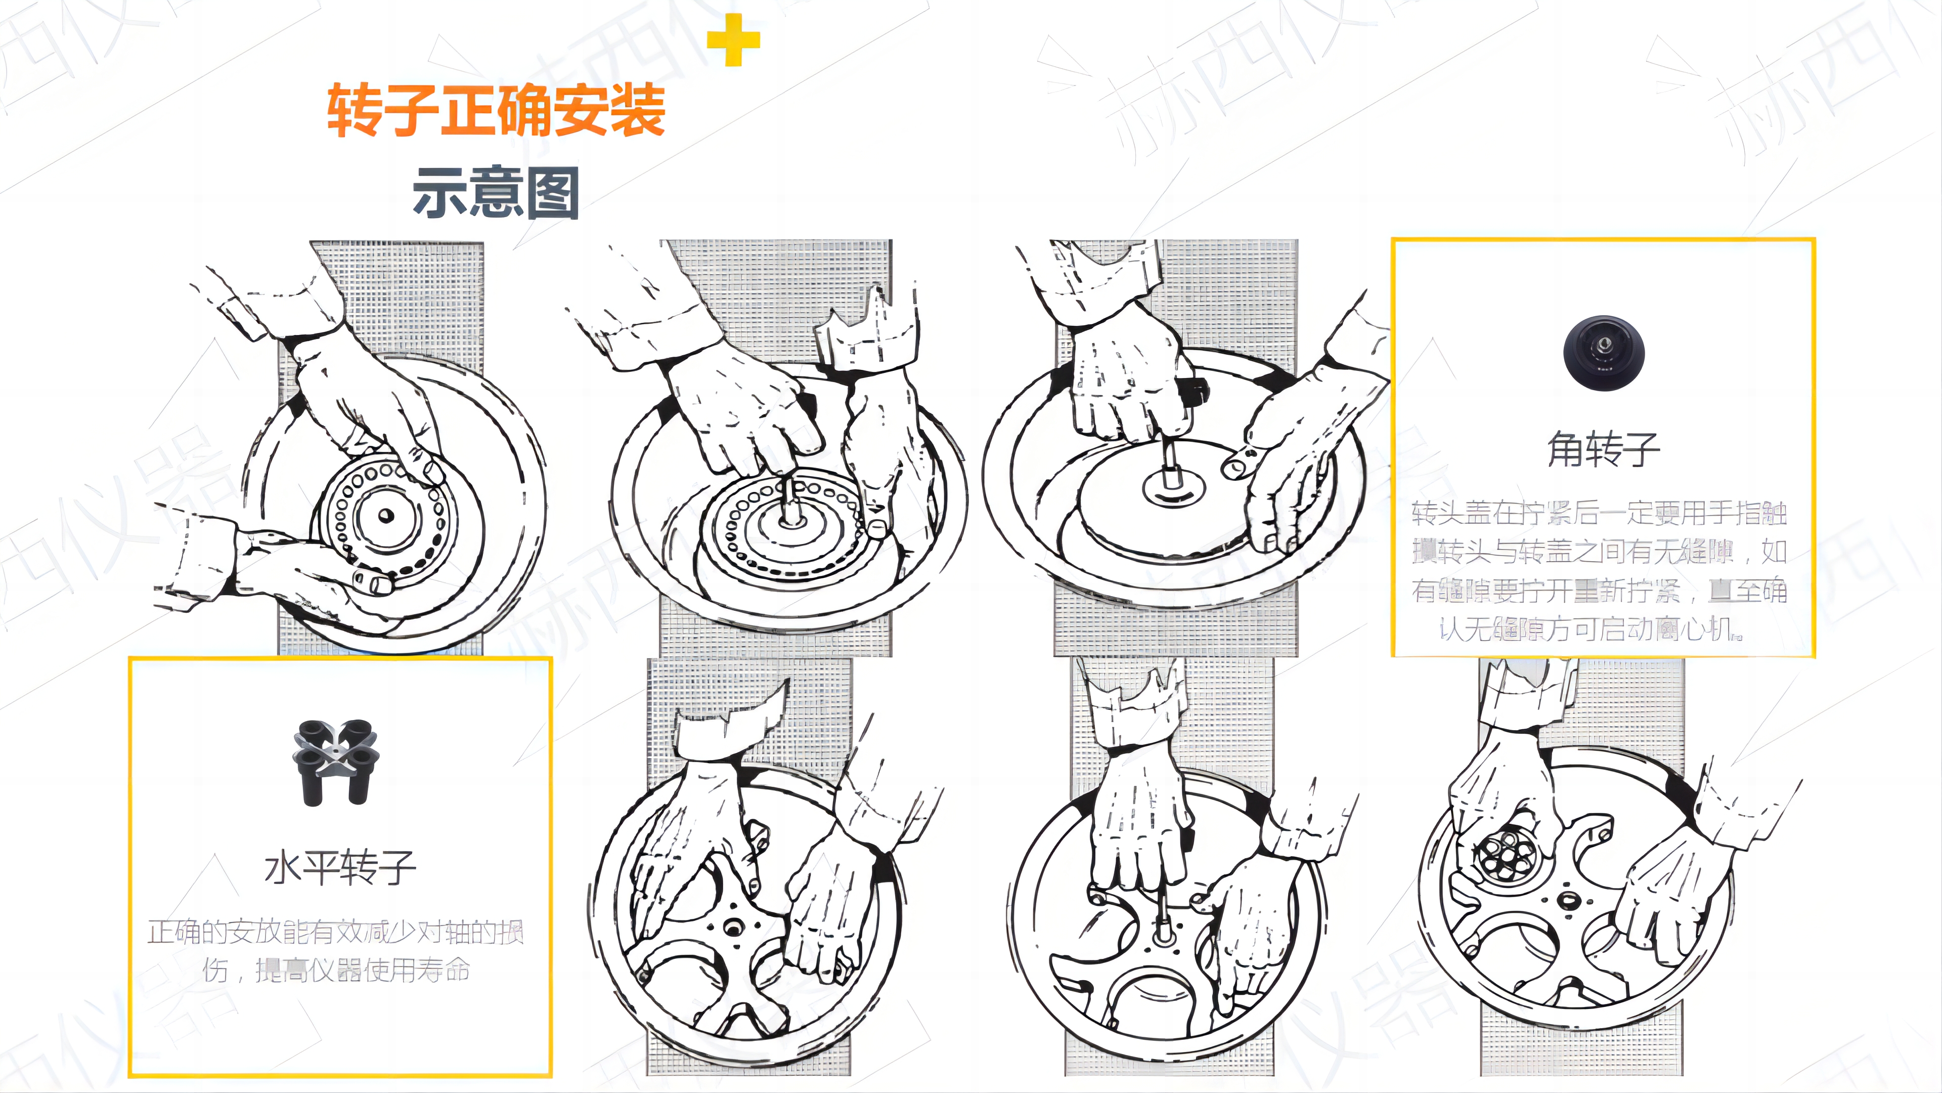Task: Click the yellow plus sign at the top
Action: [733, 39]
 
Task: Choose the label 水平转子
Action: [340, 867]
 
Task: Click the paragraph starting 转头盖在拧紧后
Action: [1600, 570]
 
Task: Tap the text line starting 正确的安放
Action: [336, 933]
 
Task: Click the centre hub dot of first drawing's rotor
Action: [386, 516]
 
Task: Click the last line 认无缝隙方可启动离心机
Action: [1591, 628]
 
